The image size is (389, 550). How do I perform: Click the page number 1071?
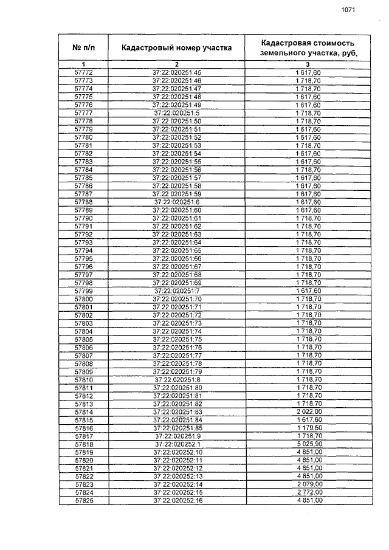click(x=348, y=9)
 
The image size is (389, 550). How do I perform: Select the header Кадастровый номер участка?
click(x=176, y=47)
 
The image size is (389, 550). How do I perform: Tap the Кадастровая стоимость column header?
click(x=307, y=47)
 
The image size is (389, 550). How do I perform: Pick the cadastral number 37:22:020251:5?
click(x=177, y=112)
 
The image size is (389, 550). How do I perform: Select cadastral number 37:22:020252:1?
click(x=177, y=444)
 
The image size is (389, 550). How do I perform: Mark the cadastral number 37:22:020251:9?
click(x=177, y=436)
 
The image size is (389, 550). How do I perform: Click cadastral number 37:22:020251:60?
click(x=177, y=210)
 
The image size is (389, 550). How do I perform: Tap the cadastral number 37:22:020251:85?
click(x=177, y=428)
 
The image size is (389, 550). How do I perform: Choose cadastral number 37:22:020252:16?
click(x=177, y=500)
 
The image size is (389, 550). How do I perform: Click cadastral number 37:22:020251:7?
click(x=177, y=291)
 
